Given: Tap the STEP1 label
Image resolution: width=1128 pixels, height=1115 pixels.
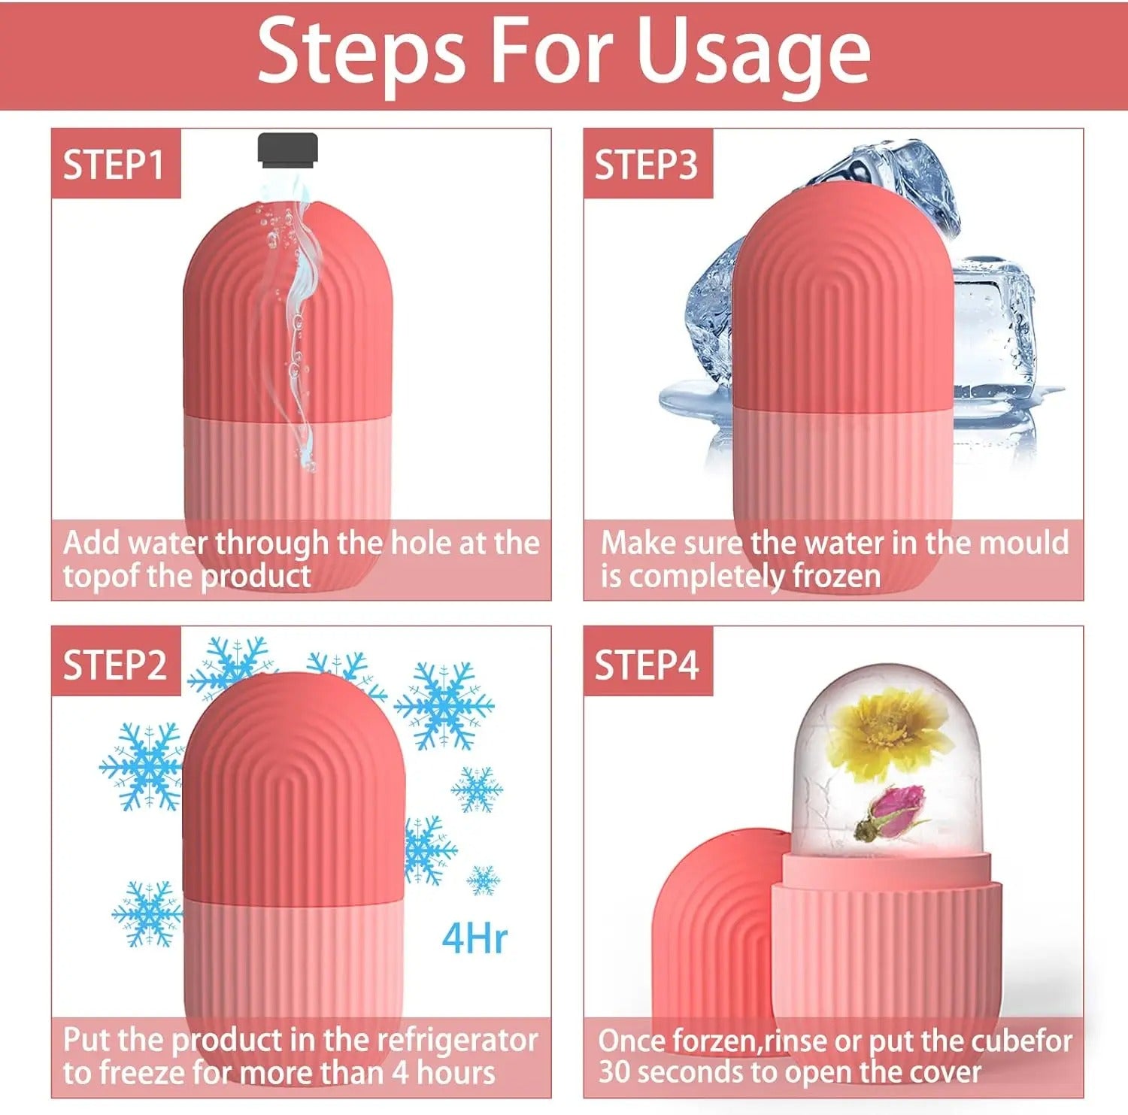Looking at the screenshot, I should pos(114,165).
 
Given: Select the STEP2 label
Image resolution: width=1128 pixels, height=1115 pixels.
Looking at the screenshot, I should pos(115,665).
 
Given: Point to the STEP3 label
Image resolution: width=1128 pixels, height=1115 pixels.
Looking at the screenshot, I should pos(646,165).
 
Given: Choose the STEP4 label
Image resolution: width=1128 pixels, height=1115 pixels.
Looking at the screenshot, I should pos(647,665).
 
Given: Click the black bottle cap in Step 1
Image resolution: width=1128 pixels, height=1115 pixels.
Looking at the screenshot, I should pos(288,148).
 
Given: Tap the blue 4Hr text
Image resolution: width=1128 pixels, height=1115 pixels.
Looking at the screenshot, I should pos(475,938).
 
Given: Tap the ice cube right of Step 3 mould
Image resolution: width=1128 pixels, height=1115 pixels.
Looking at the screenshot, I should pos(993,331).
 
